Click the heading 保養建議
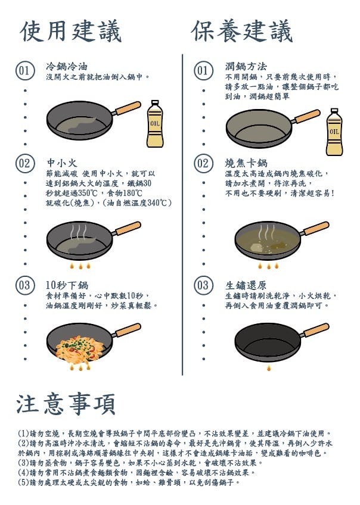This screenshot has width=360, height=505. point(242,31)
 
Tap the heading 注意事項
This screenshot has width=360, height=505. point(66,404)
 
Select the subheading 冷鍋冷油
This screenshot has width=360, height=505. point(67,66)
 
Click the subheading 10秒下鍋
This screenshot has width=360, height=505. point(67,285)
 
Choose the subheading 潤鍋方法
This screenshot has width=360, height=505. point(246,66)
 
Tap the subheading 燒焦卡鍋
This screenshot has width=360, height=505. point(246,163)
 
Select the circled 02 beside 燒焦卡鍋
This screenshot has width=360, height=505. point(203,163)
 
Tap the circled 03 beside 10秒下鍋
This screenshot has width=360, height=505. point(24,285)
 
